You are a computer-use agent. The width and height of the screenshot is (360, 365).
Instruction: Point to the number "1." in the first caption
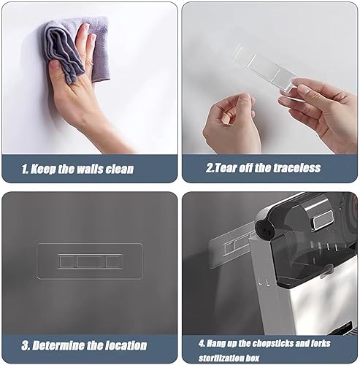26,169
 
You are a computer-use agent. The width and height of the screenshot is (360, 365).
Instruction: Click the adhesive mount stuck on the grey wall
90,261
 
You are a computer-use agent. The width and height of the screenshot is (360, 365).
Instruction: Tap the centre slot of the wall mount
90,261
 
